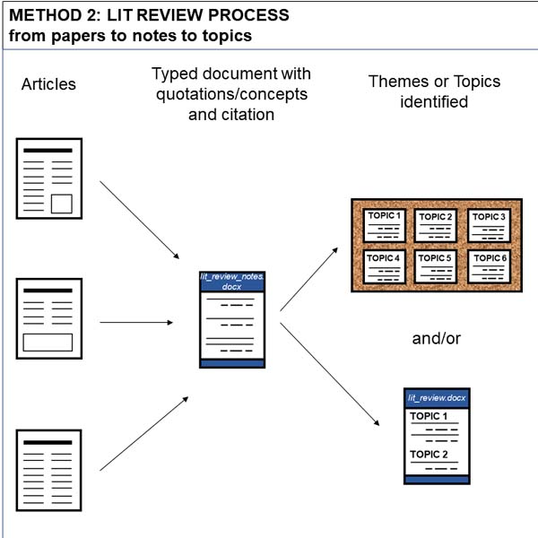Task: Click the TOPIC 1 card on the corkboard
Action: coord(385,225)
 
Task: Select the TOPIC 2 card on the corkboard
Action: coord(436,225)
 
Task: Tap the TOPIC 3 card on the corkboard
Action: coord(489,225)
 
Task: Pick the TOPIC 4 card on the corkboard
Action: coord(385,266)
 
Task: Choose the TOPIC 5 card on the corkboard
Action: coord(436,266)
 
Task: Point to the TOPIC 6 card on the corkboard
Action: coord(489,266)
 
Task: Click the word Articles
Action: coord(48,84)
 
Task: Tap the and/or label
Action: coord(436,339)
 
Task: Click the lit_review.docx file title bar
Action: coord(437,398)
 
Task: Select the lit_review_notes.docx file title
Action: coord(232,282)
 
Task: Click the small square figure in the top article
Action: coord(62,204)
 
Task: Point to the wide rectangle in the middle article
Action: coord(48,343)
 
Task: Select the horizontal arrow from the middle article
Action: coord(136,323)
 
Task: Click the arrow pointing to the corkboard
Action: coord(308,279)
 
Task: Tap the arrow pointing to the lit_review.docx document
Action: coord(330,374)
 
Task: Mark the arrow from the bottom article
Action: coord(144,433)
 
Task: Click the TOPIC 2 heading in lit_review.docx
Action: coord(429,455)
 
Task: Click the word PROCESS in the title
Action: coord(248,15)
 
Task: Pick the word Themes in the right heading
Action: coord(398,82)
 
